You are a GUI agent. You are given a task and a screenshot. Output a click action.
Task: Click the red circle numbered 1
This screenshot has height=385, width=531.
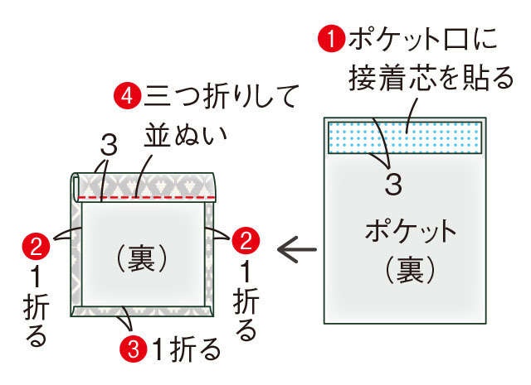click(x=331, y=39)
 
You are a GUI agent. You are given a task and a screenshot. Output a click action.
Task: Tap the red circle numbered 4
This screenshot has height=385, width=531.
click(x=127, y=96)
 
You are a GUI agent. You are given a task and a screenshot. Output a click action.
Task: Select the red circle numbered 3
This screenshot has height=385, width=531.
click(x=133, y=349)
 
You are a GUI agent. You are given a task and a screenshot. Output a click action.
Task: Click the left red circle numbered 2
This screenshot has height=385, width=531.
click(x=36, y=246)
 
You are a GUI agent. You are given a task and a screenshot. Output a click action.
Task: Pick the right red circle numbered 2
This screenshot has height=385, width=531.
click(x=246, y=241)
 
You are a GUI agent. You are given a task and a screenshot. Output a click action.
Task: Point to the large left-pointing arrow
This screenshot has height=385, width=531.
click(x=297, y=250)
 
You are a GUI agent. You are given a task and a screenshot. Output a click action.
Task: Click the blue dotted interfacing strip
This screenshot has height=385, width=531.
click(x=405, y=137)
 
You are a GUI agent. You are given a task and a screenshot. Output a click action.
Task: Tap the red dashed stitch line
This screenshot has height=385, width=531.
click(x=147, y=197)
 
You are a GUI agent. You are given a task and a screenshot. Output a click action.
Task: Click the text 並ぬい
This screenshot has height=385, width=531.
click(x=185, y=136)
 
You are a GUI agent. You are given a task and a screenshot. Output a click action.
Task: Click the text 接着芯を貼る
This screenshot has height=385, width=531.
click(x=431, y=78)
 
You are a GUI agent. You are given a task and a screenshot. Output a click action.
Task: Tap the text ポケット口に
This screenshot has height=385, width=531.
click(x=422, y=39)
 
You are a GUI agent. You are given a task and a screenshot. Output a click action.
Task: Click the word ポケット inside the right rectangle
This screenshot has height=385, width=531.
click(x=411, y=231)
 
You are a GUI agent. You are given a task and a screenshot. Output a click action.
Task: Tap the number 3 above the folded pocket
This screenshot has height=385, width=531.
click(x=109, y=145)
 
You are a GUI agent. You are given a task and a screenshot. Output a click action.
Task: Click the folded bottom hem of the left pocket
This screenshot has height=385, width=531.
click(x=142, y=311)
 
